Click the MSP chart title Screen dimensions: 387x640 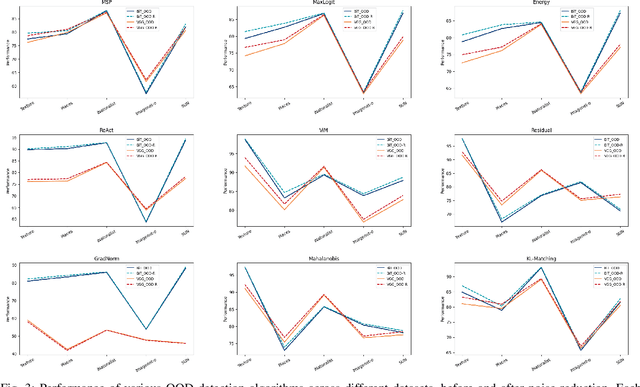point(107,4)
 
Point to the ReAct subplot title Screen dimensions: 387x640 point(107,132)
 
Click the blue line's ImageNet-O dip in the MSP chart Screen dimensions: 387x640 point(146,94)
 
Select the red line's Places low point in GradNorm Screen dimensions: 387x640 point(68,350)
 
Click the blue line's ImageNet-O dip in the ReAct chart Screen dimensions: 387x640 point(146,221)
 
